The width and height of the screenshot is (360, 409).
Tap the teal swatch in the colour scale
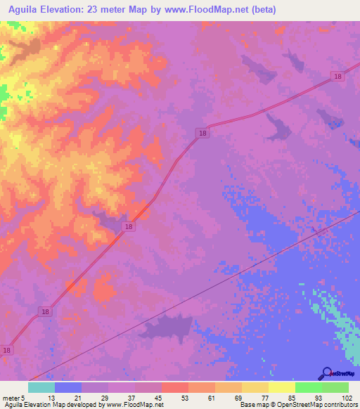(x=41, y=387)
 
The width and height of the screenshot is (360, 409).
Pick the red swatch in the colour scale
(x=175, y=387)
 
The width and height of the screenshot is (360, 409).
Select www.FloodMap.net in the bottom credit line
(x=135, y=405)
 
